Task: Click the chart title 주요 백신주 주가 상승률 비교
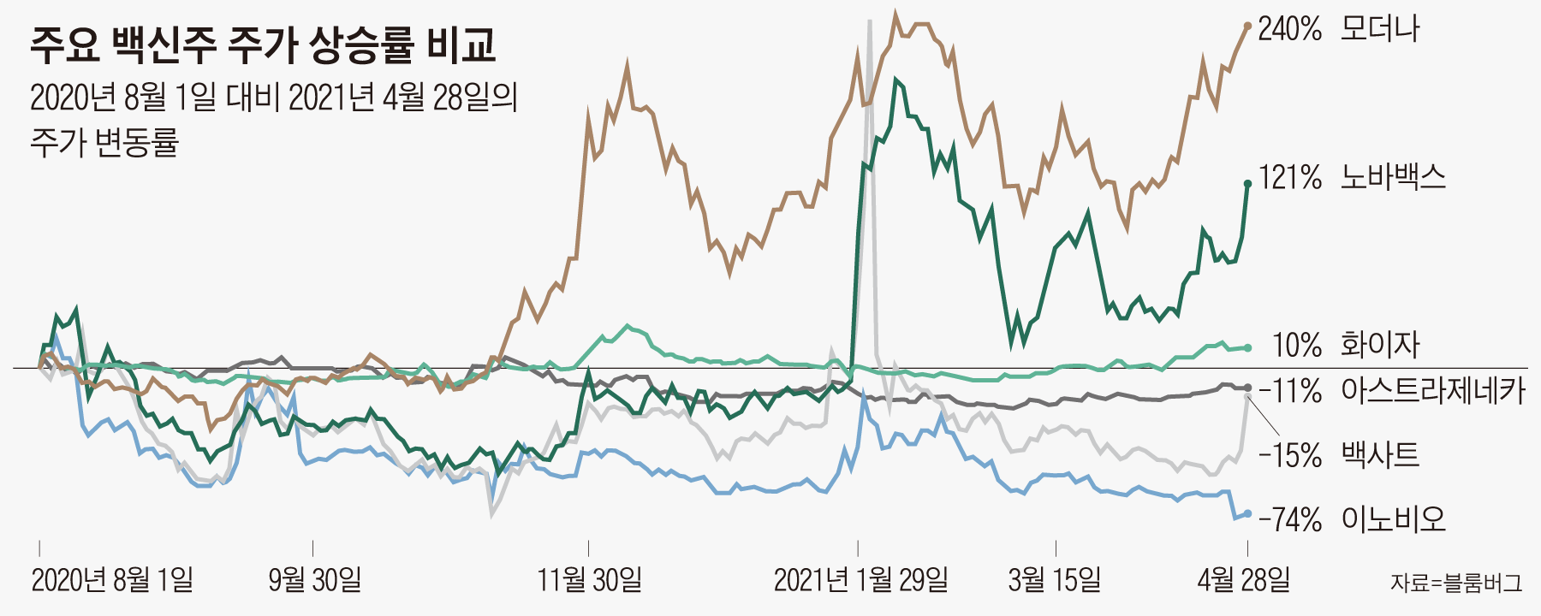(x=263, y=44)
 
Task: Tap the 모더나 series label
(x=1380, y=29)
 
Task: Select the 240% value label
(x=1289, y=29)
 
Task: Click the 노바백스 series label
(x=1393, y=177)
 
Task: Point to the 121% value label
(x=1290, y=177)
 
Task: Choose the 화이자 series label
(x=1380, y=345)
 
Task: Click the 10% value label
(x=1297, y=345)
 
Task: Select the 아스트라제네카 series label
(x=1433, y=391)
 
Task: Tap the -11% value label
(x=1290, y=391)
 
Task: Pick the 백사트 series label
(x=1380, y=454)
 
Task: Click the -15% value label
(x=1290, y=454)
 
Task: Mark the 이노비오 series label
(x=1393, y=518)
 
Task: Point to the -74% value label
(x=1290, y=518)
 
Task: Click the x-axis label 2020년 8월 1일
(x=112, y=580)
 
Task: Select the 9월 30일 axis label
(x=314, y=580)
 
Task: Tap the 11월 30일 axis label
(x=589, y=580)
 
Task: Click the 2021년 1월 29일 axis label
(x=860, y=580)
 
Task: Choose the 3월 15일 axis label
(x=1055, y=580)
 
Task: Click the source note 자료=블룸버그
(x=1456, y=583)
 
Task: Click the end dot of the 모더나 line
(x=1247, y=27)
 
